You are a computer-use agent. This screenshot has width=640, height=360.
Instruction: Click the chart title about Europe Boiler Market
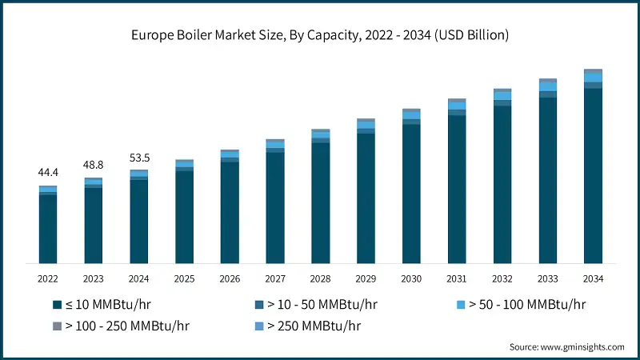pos(320,35)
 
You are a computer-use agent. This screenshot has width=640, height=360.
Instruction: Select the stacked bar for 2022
pos(48,225)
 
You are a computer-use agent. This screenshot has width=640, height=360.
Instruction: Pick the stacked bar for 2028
pos(321,196)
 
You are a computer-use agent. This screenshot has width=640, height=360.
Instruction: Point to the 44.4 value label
pos(48,173)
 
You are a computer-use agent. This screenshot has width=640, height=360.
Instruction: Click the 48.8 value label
pos(94,165)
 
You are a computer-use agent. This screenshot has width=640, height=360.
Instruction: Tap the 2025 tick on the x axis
pos(184,278)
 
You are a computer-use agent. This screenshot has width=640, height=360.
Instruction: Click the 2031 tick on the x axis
pos(457,278)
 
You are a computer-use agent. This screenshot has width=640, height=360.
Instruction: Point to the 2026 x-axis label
pos(230,278)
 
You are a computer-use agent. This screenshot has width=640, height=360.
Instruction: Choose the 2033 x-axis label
pos(547,278)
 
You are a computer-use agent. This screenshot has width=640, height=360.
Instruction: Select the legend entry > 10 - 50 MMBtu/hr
pos(322,305)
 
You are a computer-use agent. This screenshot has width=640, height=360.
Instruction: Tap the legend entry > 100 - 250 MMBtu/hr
pos(126,326)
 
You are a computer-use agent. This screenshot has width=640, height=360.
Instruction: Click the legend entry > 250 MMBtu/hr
pos(310,326)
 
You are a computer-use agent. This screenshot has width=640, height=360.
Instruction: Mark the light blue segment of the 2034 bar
pos(593,77)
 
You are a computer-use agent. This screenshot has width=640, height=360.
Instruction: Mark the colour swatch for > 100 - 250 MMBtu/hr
pos(57,326)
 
